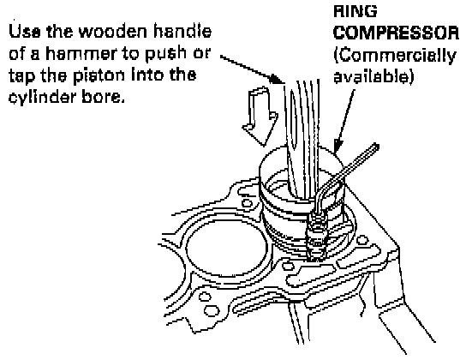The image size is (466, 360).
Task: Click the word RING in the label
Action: (x=355, y=11)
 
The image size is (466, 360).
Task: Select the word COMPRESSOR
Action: (x=396, y=33)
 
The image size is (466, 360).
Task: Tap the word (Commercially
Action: (x=395, y=56)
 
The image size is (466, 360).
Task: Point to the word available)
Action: (x=373, y=76)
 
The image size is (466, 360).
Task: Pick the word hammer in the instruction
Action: (x=81, y=53)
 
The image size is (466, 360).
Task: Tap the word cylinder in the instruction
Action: (x=42, y=97)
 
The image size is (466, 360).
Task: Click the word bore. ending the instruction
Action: (x=103, y=97)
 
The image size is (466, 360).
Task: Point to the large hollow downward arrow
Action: (x=260, y=116)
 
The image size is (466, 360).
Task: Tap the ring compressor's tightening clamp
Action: (x=317, y=235)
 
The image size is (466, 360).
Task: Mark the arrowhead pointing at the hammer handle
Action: (x=277, y=80)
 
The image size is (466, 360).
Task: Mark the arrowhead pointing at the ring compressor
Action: (x=338, y=147)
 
